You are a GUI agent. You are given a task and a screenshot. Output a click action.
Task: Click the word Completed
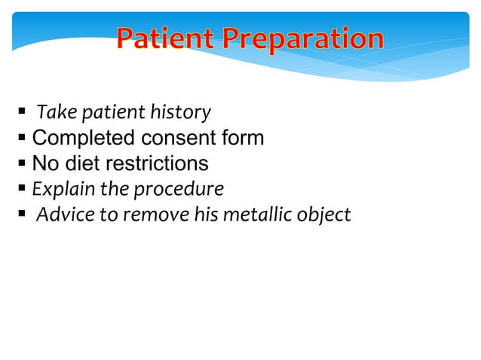click(x=81, y=139)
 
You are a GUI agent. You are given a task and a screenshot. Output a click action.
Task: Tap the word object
click(x=324, y=215)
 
